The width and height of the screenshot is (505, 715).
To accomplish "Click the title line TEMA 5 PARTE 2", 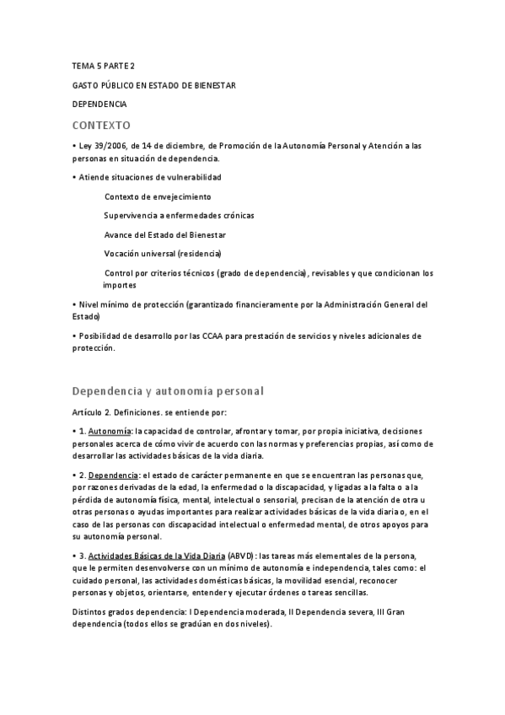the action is pyautogui.click(x=104, y=66).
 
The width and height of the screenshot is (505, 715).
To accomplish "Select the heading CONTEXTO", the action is pyautogui.click(x=101, y=125).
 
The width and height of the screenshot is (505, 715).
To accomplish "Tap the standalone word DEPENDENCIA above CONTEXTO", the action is pyautogui.click(x=99, y=105).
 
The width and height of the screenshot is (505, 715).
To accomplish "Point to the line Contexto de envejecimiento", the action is pyautogui.click(x=158, y=196).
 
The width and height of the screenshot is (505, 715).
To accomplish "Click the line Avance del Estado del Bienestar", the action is pyautogui.click(x=164, y=234).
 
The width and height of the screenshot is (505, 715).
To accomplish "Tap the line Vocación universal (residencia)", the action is pyautogui.click(x=163, y=253).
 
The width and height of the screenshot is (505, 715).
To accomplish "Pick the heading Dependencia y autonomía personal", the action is pyautogui.click(x=169, y=390).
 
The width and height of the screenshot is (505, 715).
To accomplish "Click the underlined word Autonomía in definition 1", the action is pyautogui.click(x=110, y=431).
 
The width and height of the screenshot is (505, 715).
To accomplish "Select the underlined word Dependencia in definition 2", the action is pyautogui.click(x=112, y=475).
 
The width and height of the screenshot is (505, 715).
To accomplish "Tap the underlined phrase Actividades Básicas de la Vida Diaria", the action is pyautogui.click(x=156, y=556).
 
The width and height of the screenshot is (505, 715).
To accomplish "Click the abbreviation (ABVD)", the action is pyautogui.click(x=240, y=556).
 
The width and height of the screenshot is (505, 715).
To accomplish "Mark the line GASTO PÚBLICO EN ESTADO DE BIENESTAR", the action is pyautogui.click(x=153, y=85).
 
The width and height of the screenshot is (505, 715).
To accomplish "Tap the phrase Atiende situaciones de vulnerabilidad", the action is pyautogui.click(x=149, y=177).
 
